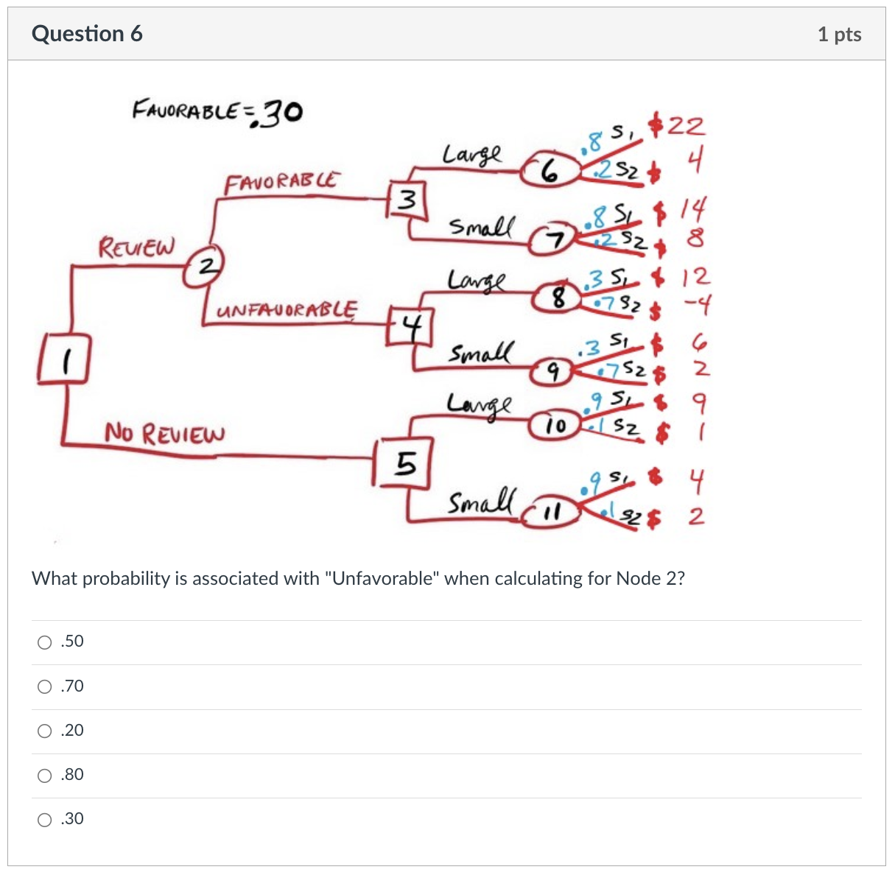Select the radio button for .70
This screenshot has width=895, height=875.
pyautogui.click(x=45, y=686)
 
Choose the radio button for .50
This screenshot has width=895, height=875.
pyautogui.click(x=45, y=642)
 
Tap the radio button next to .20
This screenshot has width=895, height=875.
pyautogui.click(x=45, y=731)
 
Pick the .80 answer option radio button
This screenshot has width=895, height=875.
pyautogui.click(x=45, y=775)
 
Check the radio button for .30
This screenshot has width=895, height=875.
pyautogui.click(x=45, y=819)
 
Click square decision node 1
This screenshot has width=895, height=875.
pyautogui.click(x=64, y=359)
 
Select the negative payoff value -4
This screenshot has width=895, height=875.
pyautogui.click(x=694, y=303)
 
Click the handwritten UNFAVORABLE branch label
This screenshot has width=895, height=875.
pyautogui.click(x=287, y=309)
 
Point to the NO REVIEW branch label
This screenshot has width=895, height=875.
pyautogui.click(x=164, y=433)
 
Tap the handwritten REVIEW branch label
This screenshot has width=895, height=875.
pyautogui.click(x=137, y=246)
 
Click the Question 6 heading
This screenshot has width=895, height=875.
pyautogui.click(x=87, y=34)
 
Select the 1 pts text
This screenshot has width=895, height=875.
pyautogui.click(x=839, y=35)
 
